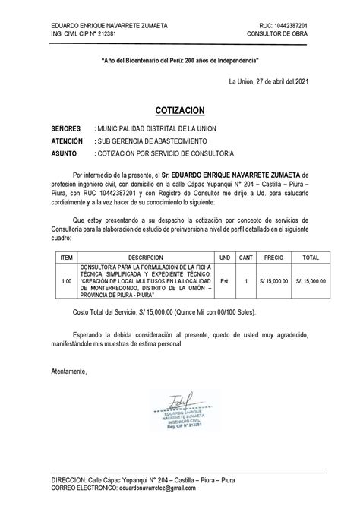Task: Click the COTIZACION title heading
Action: click(180, 110)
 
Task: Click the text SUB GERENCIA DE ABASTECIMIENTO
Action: click(145, 141)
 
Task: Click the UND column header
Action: click(224, 258)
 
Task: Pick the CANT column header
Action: click(246, 258)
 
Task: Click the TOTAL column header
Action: click(310, 258)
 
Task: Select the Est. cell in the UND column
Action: click(224, 280)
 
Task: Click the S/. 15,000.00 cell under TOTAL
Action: click(310, 280)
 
